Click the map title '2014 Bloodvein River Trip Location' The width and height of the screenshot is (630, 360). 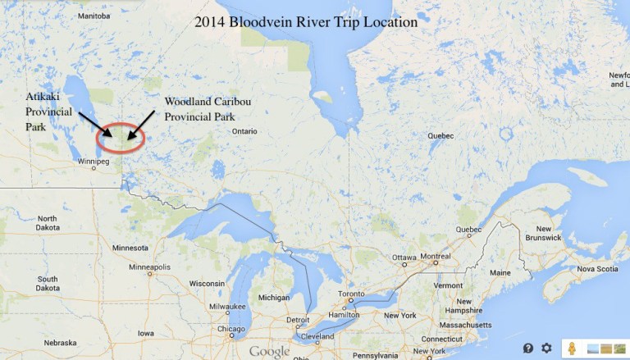306,23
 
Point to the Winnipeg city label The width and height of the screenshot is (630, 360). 93,162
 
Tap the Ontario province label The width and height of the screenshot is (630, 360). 244,131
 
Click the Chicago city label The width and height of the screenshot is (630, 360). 231,329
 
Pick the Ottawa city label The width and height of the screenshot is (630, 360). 404,257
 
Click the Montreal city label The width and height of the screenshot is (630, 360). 435,257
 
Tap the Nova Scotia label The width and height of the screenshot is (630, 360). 597,269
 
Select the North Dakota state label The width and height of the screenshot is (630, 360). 47,222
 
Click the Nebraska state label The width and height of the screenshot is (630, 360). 60,343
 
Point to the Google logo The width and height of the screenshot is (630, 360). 270,351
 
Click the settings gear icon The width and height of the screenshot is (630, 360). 546,348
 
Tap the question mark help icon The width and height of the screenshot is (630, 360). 528,348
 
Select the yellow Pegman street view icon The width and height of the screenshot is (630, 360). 572,349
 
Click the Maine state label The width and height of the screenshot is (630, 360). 500,272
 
